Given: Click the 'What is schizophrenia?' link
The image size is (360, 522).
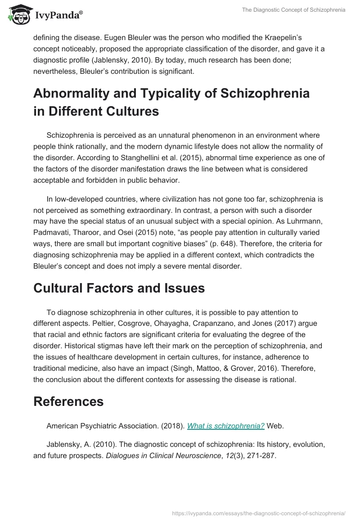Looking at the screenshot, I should coord(225,426).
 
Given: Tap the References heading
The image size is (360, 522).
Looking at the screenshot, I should coord(68,401).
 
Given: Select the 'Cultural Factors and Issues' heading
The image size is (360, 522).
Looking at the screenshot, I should coord(119,288).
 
